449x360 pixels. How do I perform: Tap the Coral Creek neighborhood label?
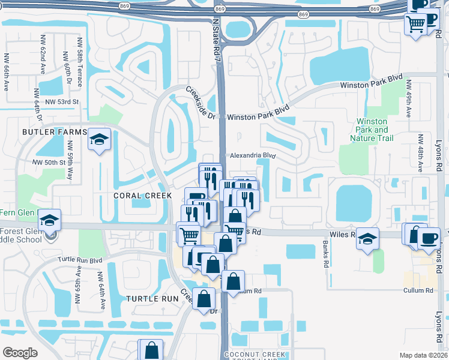click(142, 196)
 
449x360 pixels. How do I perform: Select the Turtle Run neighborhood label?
click(152, 298)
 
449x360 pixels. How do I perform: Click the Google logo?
click(20, 353)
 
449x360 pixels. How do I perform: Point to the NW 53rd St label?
click(62, 102)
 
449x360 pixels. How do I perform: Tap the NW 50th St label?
click(49, 163)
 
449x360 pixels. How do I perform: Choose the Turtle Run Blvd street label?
click(80, 260)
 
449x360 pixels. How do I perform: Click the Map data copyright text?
click(423, 355)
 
